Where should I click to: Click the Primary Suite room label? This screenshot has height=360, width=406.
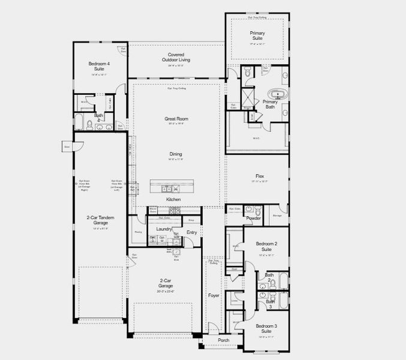click(x=257, y=36)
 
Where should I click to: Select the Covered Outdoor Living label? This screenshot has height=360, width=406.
click(x=176, y=58)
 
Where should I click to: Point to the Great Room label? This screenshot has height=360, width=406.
click(x=176, y=119)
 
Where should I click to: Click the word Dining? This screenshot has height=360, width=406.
click(x=176, y=154)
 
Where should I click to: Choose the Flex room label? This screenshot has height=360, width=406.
click(x=258, y=176)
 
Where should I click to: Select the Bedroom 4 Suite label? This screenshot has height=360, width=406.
click(x=99, y=66)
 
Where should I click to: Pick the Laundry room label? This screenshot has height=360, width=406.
click(x=164, y=229)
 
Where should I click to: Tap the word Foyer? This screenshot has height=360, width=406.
click(x=214, y=296)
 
